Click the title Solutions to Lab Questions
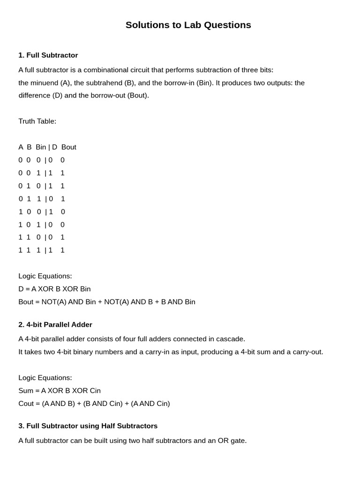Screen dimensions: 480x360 tap(188, 25)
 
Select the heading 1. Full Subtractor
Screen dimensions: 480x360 tap(48, 55)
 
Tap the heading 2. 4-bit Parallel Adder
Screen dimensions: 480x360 tap(55, 325)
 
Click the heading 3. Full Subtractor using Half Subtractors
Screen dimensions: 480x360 tap(88, 426)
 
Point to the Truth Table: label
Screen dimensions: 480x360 tap(37, 121)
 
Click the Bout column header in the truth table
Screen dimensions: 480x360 tap(68, 147)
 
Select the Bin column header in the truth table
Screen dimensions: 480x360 tap(41, 147)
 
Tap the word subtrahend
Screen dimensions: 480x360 tap(103, 83)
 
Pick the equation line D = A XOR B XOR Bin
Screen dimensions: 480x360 tap(54, 289)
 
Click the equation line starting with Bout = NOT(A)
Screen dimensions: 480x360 tap(107, 302)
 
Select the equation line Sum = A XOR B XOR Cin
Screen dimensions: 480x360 tap(60, 391)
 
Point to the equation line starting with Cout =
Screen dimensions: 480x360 tap(94, 404)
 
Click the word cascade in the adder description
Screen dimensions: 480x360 tap(230, 339)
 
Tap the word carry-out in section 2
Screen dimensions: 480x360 tap(307, 352)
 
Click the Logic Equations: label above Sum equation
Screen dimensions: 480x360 tap(45, 378)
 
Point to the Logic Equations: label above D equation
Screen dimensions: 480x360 tap(45, 276)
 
